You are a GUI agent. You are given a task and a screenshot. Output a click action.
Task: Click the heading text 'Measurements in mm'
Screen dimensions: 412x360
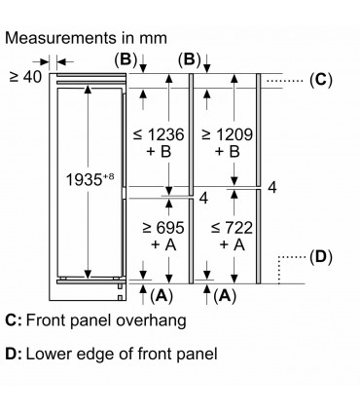point(86,38)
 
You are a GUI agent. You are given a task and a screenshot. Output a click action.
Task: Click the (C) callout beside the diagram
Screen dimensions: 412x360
point(320,80)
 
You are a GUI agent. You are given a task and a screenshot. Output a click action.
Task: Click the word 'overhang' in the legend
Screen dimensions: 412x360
point(143,320)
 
